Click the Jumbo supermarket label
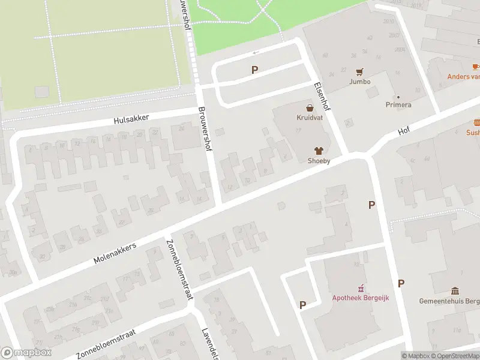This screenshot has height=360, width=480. (360, 82)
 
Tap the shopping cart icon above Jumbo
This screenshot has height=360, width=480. (360, 71)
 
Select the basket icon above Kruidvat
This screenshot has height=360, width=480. (310, 108)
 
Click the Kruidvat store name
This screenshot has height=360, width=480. (310, 118)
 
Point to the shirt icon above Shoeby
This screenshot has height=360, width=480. (318, 151)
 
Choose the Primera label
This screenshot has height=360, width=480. (398, 105)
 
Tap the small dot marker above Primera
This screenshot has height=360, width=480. (397, 97)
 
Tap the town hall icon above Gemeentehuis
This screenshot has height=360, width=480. (455, 290)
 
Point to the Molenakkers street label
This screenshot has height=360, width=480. (115, 254)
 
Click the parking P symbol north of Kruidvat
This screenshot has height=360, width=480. (254, 70)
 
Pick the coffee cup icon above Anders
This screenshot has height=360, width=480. (475, 67)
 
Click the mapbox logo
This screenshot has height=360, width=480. (26, 353)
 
